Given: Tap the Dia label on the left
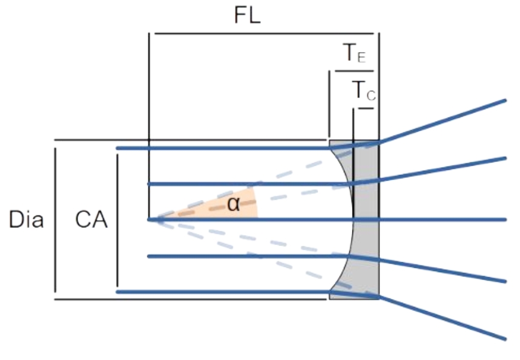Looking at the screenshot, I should coord(26,220).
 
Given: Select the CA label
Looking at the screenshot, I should coord(91,220).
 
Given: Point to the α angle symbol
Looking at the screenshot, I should coord(234,205).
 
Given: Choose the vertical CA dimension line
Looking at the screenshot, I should coord(117,220).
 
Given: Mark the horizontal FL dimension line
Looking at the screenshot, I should coord(263,33).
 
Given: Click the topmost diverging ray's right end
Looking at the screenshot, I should coord(504,100).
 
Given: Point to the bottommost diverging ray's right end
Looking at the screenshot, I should coord(504,338).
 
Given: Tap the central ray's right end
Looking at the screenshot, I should coord(504,219).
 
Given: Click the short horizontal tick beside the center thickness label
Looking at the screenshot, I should coord(365,109).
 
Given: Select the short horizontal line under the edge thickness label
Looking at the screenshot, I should coord(354,71).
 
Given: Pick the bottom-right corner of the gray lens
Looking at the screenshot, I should coord(378,298).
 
